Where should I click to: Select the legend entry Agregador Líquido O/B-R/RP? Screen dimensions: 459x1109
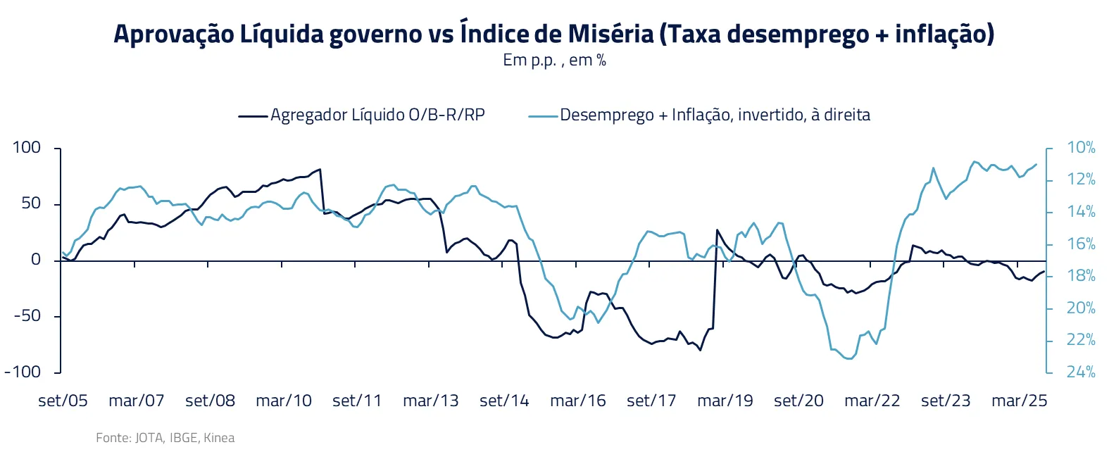pyautogui.click(x=377, y=115)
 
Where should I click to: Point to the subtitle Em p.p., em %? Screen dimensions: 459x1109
pyautogui.click(x=554, y=61)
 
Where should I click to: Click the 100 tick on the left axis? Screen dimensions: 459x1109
pyautogui.click(x=27, y=148)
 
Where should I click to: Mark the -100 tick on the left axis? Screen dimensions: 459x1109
pyautogui.click(x=23, y=372)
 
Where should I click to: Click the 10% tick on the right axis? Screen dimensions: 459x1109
pyautogui.click(x=1081, y=148)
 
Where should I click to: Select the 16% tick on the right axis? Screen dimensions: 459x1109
pyautogui.click(x=1081, y=244)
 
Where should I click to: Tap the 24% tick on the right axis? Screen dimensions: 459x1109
pyautogui.click(x=1081, y=372)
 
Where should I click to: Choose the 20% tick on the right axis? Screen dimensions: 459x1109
pyautogui.click(x=1081, y=308)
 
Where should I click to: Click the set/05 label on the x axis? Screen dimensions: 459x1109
pyautogui.click(x=63, y=401)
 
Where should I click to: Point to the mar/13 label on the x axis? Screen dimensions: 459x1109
pyautogui.click(x=430, y=401)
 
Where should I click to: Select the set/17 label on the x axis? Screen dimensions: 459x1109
pyautogui.click(x=651, y=401)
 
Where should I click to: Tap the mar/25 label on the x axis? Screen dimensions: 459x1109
pyautogui.click(x=1019, y=401)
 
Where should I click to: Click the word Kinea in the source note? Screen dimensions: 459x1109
pyautogui.click(x=219, y=438)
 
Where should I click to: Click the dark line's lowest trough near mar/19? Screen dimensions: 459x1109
pyautogui.click(x=700, y=350)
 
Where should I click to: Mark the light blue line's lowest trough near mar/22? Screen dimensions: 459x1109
pyautogui.click(x=850, y=359)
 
